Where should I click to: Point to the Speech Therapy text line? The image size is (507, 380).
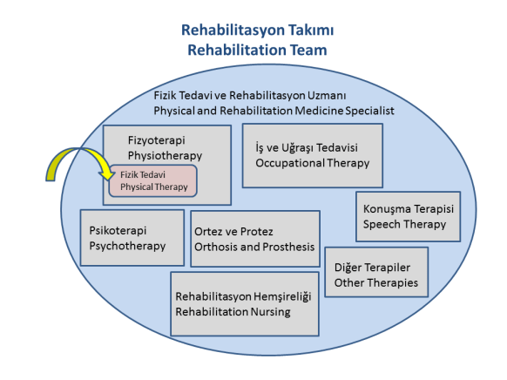[x=405, y=224]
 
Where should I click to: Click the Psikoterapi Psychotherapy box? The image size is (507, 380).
[x=132, y=237]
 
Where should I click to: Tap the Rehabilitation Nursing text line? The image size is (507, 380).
[x=233, y=311]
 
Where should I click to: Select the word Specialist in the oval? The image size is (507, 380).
[x=369, y=111]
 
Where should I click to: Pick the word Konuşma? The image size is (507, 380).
[x=387, y=209]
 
